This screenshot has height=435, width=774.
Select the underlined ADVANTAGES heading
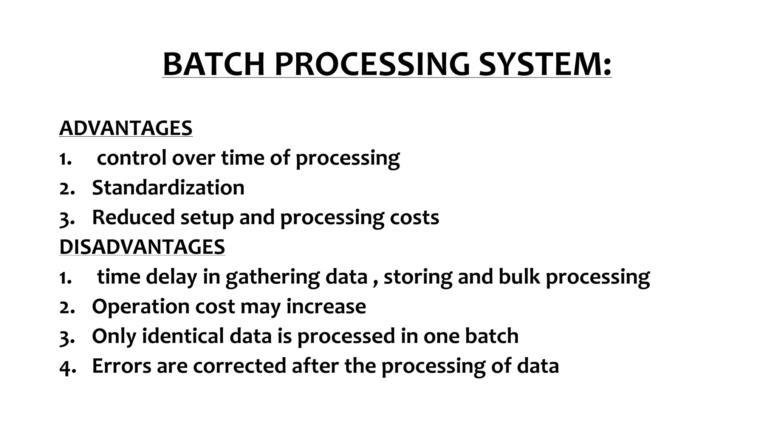pyautogui.click(x=126, y=128)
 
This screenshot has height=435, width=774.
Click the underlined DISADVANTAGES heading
pyautogui.click(x=142, y=247)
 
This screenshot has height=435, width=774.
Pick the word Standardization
pyautogui.click(x=168, y=187)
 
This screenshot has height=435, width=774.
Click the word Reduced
pyautogui.click(x=133, y=217)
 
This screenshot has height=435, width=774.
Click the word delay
pyautogui.click(x=172, y=277)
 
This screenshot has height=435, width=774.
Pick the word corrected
pyautogui.click(x=239, y=366)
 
